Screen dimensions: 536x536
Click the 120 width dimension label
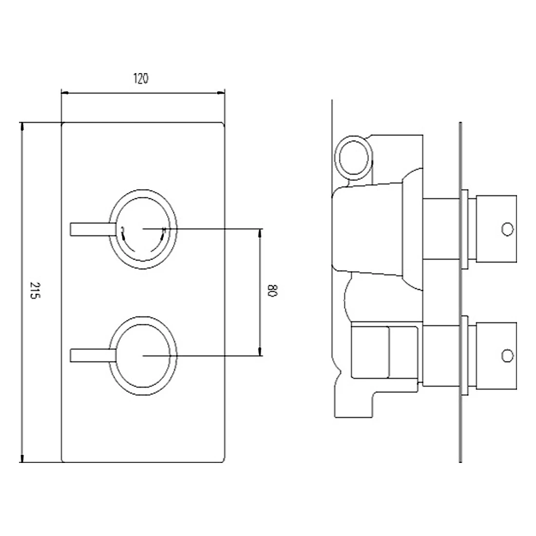pos(141,78)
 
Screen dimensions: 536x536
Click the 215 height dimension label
pos(33,291)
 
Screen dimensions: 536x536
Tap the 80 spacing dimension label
pos(272,291)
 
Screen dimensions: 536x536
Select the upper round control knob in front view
pos(143,228)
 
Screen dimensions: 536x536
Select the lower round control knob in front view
pos(143,355)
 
